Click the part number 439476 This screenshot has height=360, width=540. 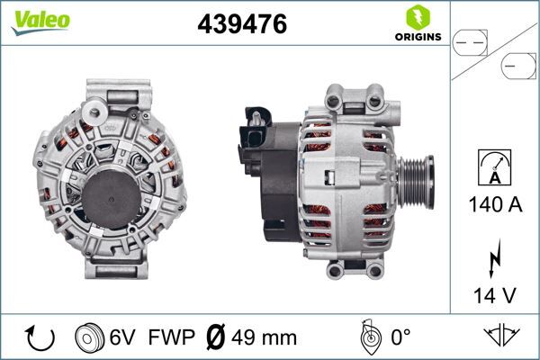[241, 25]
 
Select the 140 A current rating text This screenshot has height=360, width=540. [495, 204]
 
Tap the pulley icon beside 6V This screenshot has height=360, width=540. [89, 338]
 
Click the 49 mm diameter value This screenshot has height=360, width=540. [265, 338]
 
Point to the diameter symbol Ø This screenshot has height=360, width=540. [217, 338]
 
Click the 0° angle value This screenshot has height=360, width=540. [400, 338]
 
